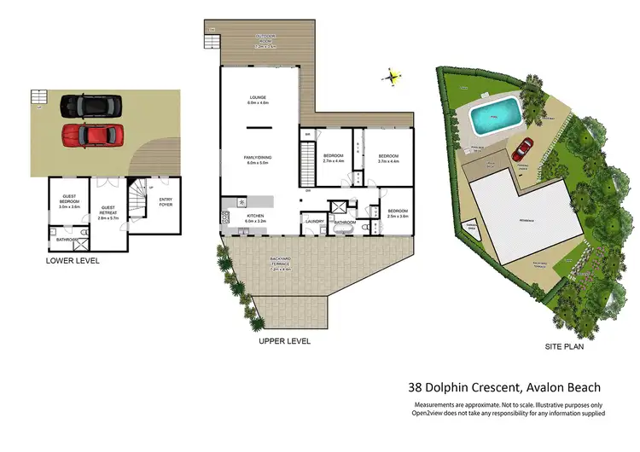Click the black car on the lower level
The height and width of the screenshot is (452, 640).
pyautogui.click(x=90, y=106)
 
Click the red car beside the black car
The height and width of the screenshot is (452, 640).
pyautogui.click(x=91, y=135)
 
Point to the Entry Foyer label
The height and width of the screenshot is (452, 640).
pyautogui.click(x=166, y=202)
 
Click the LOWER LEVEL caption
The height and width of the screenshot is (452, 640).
pyautogui.click(x=73, y=260)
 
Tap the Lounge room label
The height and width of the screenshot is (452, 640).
pyautogui.click(x=259, y=100)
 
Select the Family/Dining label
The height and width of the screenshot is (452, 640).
pyautogui.click(x=258, y=159)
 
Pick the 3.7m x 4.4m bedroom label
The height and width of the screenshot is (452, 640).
pyautogui.click(x=388, y=159)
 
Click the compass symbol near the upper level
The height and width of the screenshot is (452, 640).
pyautogui.click(x=393, y=77)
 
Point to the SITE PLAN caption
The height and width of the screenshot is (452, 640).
pyautogui.click(x=564, y=348)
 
